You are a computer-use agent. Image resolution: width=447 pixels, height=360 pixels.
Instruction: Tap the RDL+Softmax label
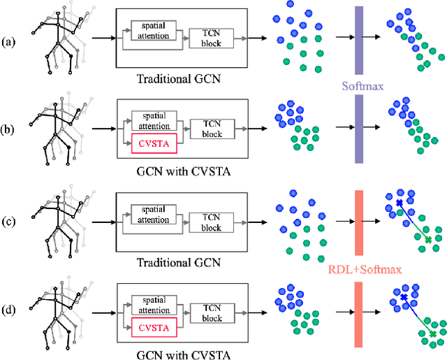point(360,267)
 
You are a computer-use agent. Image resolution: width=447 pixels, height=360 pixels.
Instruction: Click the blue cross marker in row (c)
point(399,203)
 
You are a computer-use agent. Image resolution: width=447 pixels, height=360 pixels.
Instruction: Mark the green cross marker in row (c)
point(428,240)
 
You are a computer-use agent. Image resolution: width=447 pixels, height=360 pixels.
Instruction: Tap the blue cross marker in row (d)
point(403,298)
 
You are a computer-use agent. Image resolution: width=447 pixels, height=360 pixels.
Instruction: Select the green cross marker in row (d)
point(433,335)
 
